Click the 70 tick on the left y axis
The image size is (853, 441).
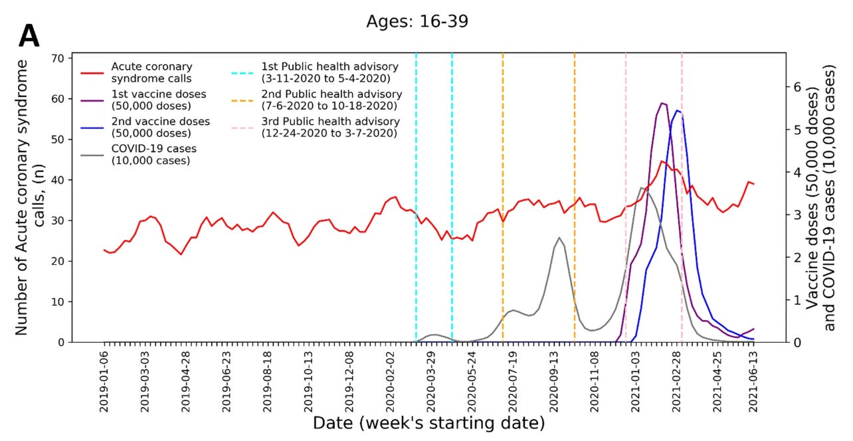point(58,58)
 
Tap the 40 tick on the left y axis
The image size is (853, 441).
point(58,180)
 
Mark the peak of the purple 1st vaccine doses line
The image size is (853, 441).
point(662,103)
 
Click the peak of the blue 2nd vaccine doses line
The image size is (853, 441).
point(677,110)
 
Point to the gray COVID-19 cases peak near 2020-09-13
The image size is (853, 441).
point(559,238)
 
